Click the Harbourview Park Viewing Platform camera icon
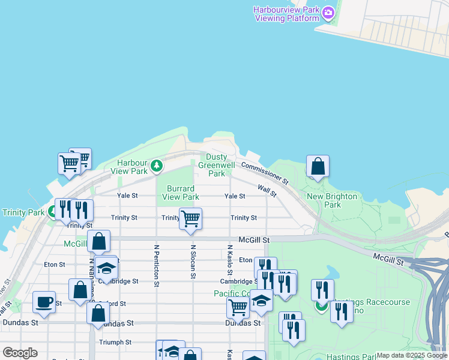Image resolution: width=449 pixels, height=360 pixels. pyautogui.click(x=328, y=12)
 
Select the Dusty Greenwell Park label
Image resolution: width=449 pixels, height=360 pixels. pyautogui.click(x=216, y=165)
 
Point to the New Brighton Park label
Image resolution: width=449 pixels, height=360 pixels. pyautogui.click(x=332, y=200)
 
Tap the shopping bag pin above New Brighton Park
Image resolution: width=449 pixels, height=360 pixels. pyautogui.click(x=318, y=167)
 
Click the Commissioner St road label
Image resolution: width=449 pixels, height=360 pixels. pyautogui.click(x=265, y=173)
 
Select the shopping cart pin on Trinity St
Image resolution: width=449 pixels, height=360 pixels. pyautogui.click(x=190, y=219)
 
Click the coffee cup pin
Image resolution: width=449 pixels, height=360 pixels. pyautogui.click(x=44, y=302)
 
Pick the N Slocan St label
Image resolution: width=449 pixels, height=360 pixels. pyautogui.click(x=193, y=261)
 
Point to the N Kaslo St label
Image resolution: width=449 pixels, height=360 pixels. pyautogui.click(x=230, y=260)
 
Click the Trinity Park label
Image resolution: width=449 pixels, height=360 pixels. pyautogui.click(x=23, y=212)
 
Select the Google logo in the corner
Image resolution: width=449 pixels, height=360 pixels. pyautogui.click(x=20, y=353)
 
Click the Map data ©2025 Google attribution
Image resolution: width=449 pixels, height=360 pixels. pyautogui.click(x=412, y=355)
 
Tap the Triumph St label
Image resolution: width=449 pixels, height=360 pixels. pyautogui.click(x=116, y=342)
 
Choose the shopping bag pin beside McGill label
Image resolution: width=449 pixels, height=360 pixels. pyautogui.click(x=99, y=241)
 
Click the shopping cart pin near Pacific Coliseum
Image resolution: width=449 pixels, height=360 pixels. pyautogui.click(x=238, y=308)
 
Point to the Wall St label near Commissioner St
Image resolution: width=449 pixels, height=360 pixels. pyautogui.click(x=267, y=191)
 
